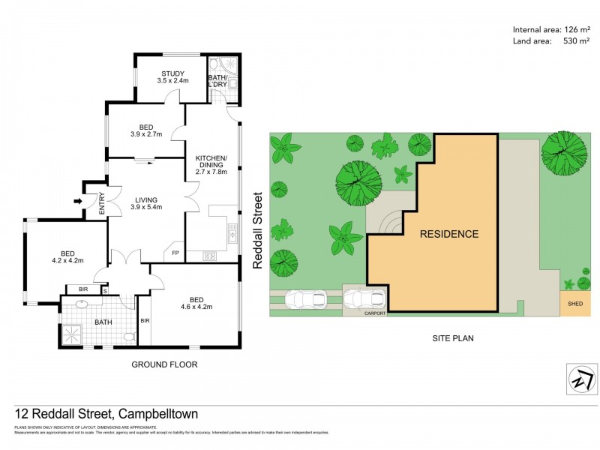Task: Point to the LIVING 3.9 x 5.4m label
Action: click(x=146, y=203)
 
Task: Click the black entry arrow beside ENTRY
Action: click(x=77, y=201)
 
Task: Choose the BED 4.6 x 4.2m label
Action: click(x=196, y=301)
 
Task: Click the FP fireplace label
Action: click(x=176, y=253)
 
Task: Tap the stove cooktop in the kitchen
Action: click(x=210, y=256)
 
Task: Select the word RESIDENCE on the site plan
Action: click(x=448, y=234)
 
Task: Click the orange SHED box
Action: click(x=575, y=303)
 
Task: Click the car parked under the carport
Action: click(x=364, y=299)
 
